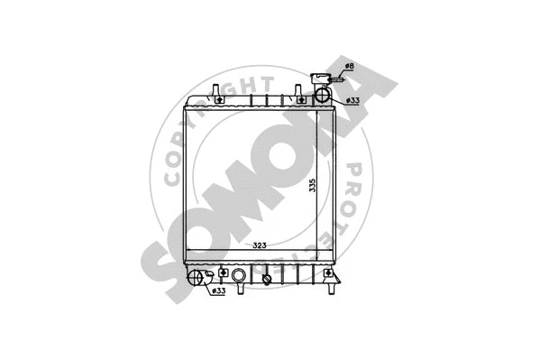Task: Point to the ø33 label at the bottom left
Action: point(218,291)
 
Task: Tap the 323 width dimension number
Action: point(259,245)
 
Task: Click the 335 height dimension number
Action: point(312,186)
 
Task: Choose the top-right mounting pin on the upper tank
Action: point(295,93)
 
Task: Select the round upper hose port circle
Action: point(322,96)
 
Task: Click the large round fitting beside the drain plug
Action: point(238,276)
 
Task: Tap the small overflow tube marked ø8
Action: point(338,80)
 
